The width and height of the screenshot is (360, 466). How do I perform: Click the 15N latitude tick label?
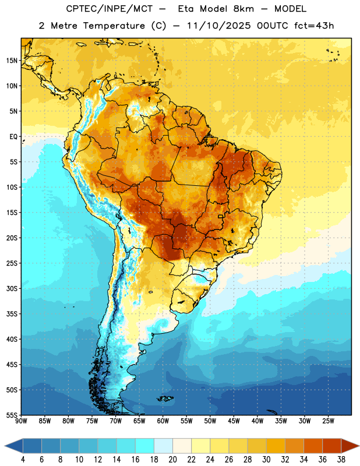click(x=12, y=61)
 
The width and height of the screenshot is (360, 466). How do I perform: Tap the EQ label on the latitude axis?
click(x=13, y=137)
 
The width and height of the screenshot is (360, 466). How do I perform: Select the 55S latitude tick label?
click(x=12, y=415)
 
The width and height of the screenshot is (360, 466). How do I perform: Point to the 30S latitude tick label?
click(x=12, y=288)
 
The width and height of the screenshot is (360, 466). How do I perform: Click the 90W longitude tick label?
click(x=21, y=421)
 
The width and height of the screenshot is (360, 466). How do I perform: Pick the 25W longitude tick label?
click(x=328, y=421)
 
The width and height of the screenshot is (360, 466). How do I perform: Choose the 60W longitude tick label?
click(x=163, y=421)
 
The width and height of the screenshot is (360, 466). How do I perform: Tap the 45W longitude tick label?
click(x=234, y=421)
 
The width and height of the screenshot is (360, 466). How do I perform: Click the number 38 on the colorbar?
click(x=341, y=460)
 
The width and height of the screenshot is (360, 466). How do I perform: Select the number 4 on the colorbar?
click(x=23, y=460)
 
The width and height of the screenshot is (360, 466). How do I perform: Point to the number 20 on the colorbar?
click(x=172, y=460)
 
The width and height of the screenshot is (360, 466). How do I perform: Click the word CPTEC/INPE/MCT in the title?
click(x=109, y=9)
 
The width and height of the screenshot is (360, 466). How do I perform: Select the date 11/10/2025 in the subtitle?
click(x=219, y=26)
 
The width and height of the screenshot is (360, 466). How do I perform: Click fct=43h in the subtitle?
click(x=314, y=26)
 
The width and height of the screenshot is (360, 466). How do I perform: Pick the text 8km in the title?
click(x=243, y=9)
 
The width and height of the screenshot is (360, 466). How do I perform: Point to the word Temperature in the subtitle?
click(x=114, y=26)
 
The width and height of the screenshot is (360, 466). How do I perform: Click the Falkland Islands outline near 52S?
click(x=165, y=398)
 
